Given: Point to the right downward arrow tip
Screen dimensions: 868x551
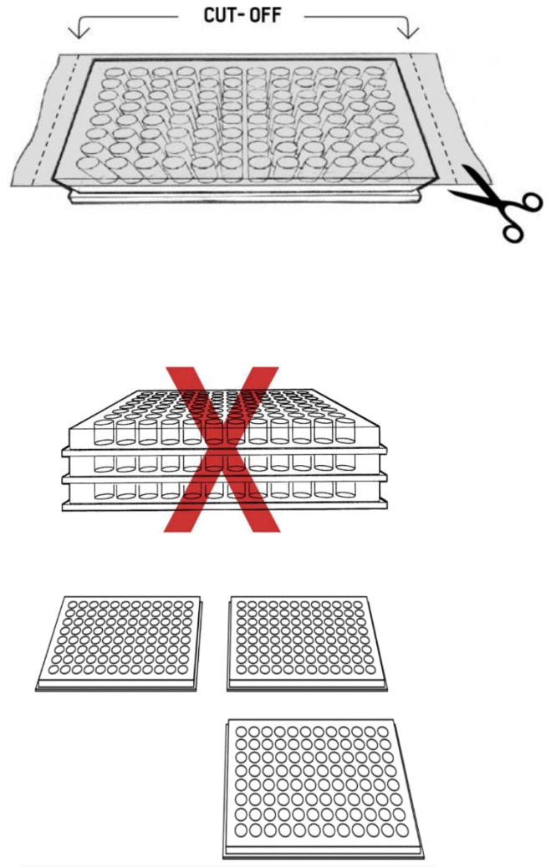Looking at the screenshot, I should (408, 36).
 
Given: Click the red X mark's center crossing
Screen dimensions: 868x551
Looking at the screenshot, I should (224, 447).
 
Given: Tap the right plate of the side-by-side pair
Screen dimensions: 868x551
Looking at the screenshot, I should (310, 641).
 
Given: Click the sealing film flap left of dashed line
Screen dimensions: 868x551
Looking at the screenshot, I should (38, 117).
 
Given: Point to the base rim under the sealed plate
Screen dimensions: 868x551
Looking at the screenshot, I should (242, 199).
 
